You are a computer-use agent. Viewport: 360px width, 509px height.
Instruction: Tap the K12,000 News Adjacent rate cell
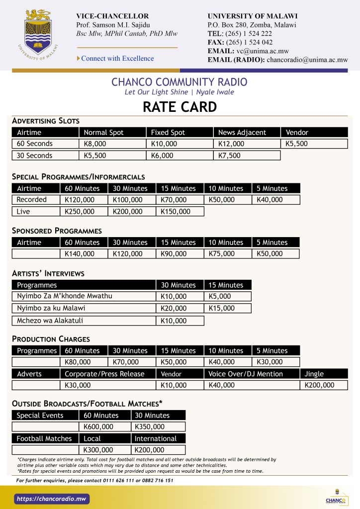(x=247, y=144)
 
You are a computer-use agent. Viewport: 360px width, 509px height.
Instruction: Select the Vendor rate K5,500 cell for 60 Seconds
(x=314, y=144)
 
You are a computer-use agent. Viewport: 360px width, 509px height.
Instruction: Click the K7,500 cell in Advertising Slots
(x=247, y=156)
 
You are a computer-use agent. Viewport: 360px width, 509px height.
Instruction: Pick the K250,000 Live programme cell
(x=84, y=212)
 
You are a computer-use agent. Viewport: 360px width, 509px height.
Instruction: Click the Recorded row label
(x=35, y=200)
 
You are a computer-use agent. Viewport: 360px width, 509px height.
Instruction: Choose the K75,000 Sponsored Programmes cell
(x=227, y=254)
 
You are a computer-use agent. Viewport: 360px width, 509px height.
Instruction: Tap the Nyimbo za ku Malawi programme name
(x=51, y=308)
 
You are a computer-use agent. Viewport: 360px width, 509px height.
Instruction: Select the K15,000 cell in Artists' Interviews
(x=227, y=308)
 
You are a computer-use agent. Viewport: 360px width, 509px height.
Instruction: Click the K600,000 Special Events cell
(x=104, y=426)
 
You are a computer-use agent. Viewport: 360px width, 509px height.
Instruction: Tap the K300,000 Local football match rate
(x=104, y=450)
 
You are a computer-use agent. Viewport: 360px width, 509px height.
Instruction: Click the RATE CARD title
(x=180, y=107)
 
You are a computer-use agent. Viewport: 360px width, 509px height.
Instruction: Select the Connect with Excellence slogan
(x=117, y=59)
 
